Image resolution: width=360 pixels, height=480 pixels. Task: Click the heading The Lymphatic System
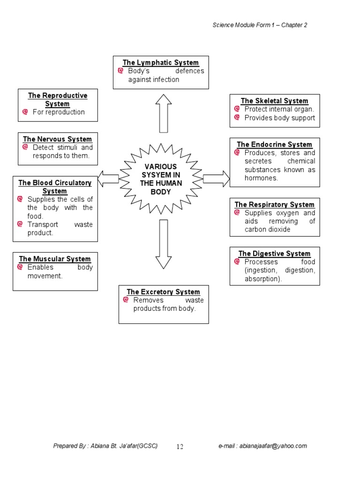(161, 63)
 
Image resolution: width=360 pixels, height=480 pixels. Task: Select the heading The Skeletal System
(275, 101)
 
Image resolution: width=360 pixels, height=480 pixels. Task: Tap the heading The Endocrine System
(274, 144)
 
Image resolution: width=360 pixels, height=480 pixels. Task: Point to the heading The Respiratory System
(274, 204)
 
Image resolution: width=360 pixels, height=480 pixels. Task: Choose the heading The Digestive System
(274, 254)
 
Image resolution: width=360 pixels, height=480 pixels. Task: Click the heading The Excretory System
(163, 292)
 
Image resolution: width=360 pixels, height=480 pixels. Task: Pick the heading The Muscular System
(55, 259)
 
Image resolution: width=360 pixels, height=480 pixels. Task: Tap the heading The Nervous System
(58, 139)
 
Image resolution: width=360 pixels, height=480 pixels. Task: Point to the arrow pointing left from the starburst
(108, 179)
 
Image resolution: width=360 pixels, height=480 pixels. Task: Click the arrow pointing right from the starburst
(216, 179)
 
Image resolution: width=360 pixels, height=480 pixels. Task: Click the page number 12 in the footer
(180, 447)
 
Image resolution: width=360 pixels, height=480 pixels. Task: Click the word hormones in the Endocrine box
(261, 178)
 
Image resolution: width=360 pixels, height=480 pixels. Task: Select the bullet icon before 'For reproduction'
(25, 112)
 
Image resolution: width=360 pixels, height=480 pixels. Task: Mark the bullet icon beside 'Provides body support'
(237, 118)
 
